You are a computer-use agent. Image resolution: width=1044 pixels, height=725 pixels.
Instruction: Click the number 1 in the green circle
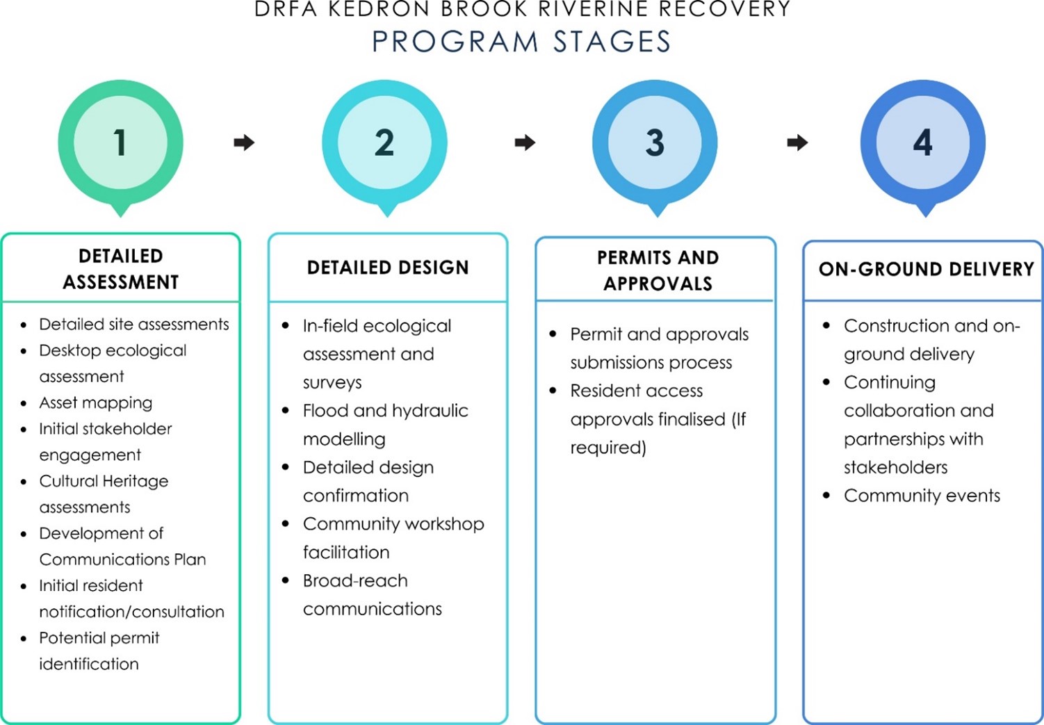pyautogui.click(x=120, y=142)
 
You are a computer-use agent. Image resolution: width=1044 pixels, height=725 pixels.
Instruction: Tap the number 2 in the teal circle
pyautogui.click(x=384, y=142)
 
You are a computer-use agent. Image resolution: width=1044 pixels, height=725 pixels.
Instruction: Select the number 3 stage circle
pyautogui.click(x=655, y=142)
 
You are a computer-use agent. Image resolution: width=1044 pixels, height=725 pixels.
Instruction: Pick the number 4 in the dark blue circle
pyautogui.click(x=922, y=142)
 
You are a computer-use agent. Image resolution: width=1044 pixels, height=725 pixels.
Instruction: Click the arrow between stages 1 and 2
pyautogui.click(x=244, y=142)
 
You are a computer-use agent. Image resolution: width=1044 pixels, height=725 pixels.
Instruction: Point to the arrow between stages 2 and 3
pyautogui.click(x=525, y=142)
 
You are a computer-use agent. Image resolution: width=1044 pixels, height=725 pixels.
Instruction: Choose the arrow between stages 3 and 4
pyautogui.click(x=797, y=142)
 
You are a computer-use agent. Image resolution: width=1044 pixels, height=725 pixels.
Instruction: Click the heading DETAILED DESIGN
pyautogui.click(x=388, y=268)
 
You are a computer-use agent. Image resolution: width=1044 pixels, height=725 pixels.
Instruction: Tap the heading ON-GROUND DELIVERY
pyautogui.click(x=926, y=270)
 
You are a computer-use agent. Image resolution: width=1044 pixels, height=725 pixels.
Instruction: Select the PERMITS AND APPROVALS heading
pyautogui.click(x=658, y=270)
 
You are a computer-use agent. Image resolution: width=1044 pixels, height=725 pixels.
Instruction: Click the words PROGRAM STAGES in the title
pyautogui.click(x=521, y=42)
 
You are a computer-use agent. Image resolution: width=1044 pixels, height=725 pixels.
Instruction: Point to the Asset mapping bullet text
pyautogui.click(x=95, y=403)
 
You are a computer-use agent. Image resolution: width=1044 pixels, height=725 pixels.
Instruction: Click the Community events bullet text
pyautogui.click(x=922, y=496)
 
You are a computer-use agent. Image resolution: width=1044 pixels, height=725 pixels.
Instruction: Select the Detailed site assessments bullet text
pyautogui.click(x=133, y=325)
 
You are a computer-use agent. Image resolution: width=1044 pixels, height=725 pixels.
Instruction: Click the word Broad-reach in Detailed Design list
pyautogui.click(x=355, y=581)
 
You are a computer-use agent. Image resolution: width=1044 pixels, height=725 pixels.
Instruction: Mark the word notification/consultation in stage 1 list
pyautogui.click(x=131, y=612)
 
